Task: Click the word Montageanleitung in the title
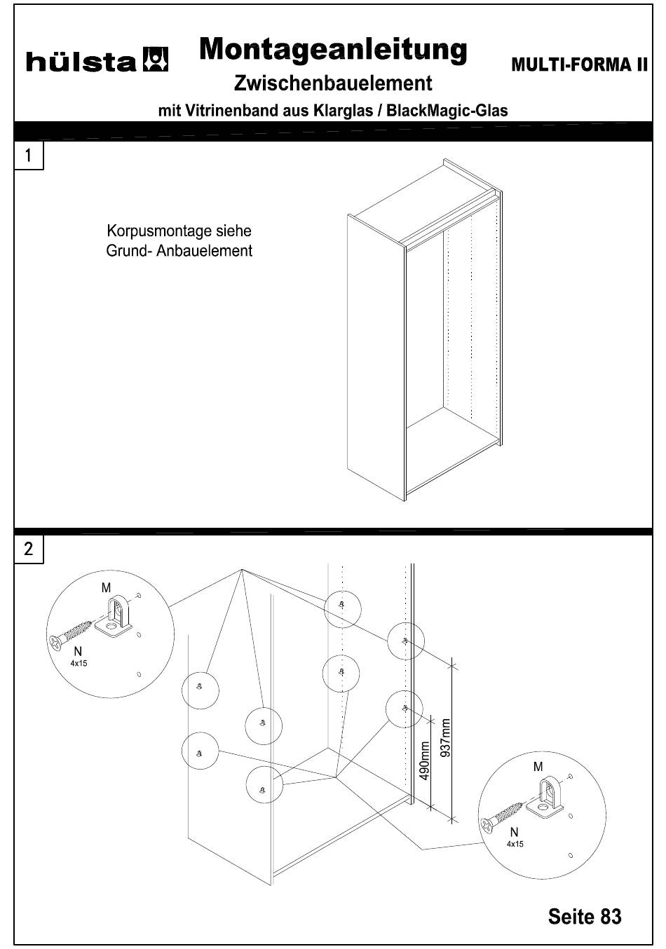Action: pos(333,50)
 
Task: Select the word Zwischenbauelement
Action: pos(333,83)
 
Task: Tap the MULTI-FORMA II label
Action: pos(579,64)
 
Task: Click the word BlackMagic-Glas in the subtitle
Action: pos(447,111)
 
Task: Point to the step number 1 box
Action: pos(28,156)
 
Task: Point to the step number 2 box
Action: pos(28,549)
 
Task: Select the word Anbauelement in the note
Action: pos(204,251)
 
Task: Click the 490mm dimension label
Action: pos(424,760)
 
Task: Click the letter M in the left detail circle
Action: pos(106,588)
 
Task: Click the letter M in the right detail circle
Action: pos(538,767)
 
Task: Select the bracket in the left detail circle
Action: pos(114,617)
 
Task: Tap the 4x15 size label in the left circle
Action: pos(79,664)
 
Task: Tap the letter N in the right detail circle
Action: pos(515,833)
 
